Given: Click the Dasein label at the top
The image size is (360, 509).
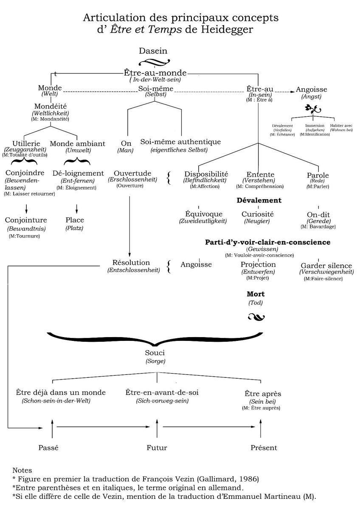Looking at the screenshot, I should click(153, 51).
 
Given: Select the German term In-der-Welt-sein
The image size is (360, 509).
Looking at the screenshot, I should click(155, 79).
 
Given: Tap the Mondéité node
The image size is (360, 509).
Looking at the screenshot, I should click(51, 106).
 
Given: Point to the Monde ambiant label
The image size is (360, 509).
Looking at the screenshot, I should click(77, 143).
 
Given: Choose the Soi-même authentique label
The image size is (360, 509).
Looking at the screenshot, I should click(180, 142).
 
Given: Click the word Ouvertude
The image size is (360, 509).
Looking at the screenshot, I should click(132, 173).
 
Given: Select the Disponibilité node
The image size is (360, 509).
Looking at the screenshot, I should click(206, 174).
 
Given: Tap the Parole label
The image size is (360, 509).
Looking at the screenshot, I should click(318, 175).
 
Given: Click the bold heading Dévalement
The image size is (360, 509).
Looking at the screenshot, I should click(259, 200).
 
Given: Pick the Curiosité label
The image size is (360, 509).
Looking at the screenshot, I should click(258, 214).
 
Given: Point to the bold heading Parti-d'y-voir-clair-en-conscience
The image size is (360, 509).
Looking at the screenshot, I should click(267, 242).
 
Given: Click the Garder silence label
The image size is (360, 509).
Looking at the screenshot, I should click(326, 266).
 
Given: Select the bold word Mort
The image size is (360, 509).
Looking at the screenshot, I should click(256, 294).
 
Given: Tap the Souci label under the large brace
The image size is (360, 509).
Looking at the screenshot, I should click(155, 353).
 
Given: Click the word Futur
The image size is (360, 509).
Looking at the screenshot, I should click(157, 447).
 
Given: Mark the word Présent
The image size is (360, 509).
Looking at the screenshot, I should click(264, 447).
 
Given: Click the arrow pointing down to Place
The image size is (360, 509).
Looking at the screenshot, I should click(77, 208).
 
